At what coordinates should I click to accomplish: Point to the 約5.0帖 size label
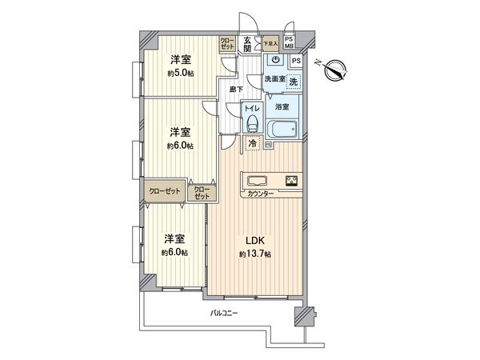point(180,74)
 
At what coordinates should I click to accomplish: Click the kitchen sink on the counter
point(258,179)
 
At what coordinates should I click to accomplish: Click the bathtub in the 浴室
point(282,130)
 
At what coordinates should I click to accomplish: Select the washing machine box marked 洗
point(293,82)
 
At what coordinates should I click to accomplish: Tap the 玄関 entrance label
point(248,45)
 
